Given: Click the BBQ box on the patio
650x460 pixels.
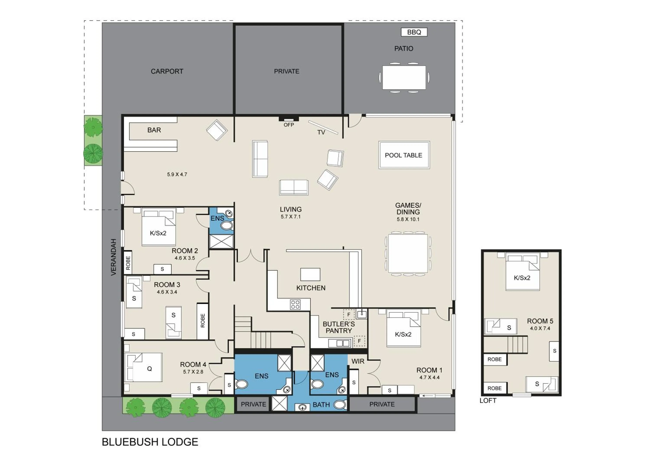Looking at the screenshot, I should [x=414, y=32].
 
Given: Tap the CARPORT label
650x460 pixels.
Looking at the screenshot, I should [x=167, y=71].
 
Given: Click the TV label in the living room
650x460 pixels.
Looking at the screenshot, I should [x=321, y=132].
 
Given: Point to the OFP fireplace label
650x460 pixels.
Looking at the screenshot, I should [x=289, y=125].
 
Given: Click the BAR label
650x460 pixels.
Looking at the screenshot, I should [x=154, y=130].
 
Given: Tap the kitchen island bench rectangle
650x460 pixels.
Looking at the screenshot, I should [x=310, y=274].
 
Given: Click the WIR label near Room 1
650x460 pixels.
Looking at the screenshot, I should [x=358, y=361].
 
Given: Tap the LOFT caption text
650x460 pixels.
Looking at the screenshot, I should [x=488, y=401].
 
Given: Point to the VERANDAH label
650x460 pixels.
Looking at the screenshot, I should [x=114, y=257].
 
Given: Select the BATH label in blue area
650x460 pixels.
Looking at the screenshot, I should [x=321, y=405].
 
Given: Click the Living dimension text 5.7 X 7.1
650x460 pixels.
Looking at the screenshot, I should [x=291, y=217].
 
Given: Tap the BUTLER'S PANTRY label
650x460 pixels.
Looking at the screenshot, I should [x=339, y=327].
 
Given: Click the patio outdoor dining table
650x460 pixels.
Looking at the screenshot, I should [x=404, y=77].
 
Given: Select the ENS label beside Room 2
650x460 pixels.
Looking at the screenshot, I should [x=217, y=218].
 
